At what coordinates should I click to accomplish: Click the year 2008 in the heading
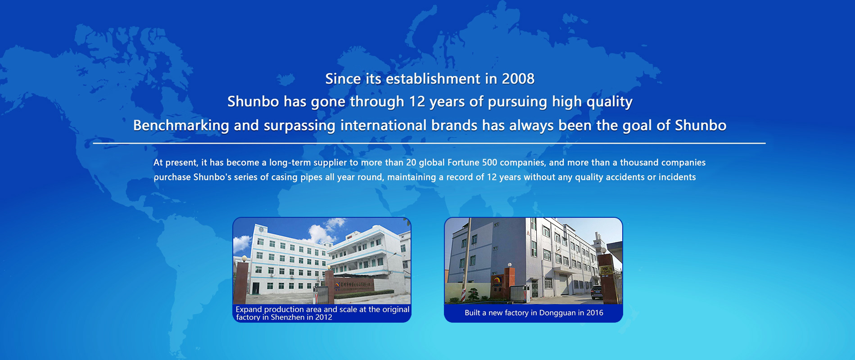(x=518, y=79)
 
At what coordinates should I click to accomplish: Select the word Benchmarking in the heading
(x=181, y=126)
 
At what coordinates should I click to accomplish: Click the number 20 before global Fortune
(x=411, y=162)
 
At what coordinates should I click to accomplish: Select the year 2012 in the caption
(x=324, y=317)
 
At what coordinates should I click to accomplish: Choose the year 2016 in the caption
(x=594, y=313)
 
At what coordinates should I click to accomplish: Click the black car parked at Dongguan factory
(x=597, y=292)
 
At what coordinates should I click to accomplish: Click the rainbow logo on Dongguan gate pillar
(x=497, y=282)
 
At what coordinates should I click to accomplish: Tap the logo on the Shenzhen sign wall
(x=337, y=285)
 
